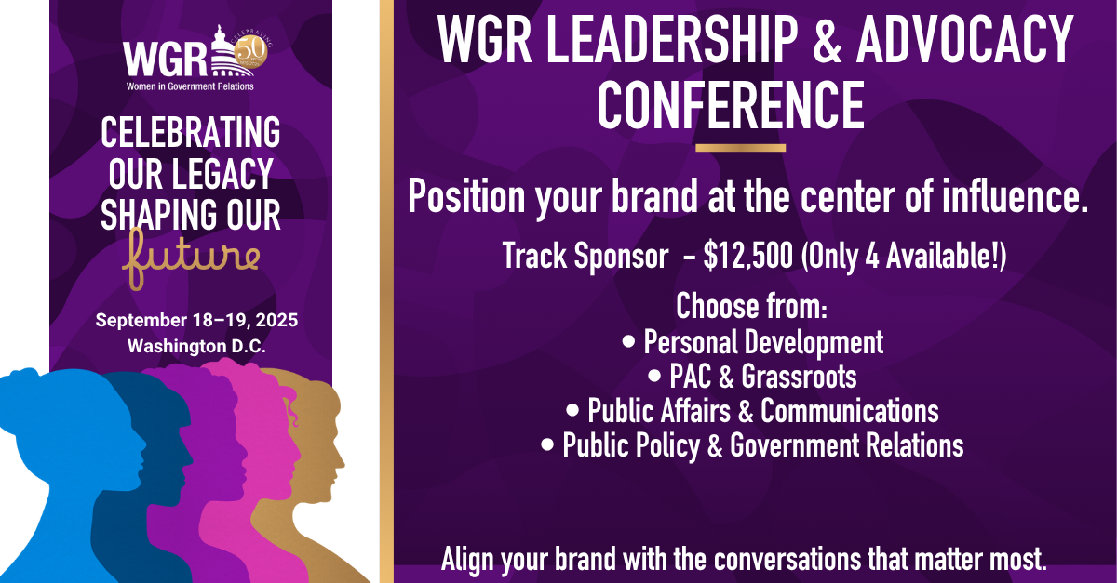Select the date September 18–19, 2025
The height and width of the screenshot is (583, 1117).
196,321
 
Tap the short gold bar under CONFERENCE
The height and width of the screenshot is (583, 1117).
740,148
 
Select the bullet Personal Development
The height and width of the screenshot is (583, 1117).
752,342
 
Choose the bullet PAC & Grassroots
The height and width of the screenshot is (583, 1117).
752,377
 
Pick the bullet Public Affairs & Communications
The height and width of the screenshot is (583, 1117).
752,410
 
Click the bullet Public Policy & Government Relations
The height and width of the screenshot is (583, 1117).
752,444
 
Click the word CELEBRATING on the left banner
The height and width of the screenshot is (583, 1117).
191,133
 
